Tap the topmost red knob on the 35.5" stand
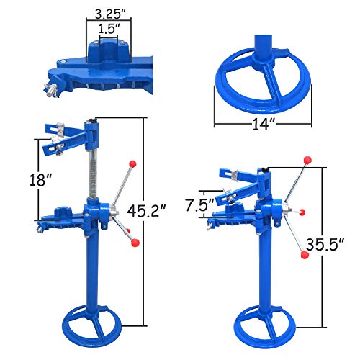[305, 157]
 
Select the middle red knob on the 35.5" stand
[301, 212]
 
